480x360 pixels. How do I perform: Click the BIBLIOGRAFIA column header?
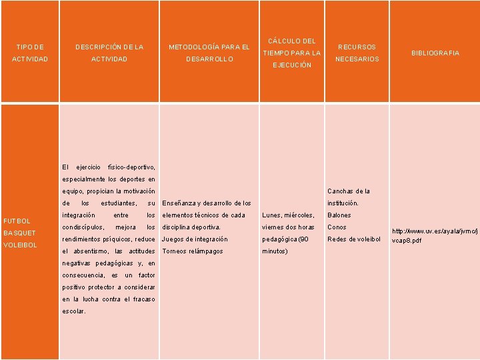point(435,53)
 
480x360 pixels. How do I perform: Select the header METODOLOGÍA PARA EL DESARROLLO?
point(209,53)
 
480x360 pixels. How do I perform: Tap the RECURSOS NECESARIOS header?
point(357,53)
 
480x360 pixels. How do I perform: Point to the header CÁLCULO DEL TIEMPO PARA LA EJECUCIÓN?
point(291,53)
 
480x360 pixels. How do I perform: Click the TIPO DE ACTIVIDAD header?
point(30,53)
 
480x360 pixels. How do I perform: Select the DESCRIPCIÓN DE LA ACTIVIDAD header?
point(109,53)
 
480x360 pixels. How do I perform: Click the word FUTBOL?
point(17,221)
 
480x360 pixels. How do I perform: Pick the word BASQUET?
point(20,233)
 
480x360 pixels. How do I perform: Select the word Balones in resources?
point(339,215)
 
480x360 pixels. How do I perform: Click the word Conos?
point(337,227)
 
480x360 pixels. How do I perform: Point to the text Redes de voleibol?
point(353,239)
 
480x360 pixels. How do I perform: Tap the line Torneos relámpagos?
point(193,251)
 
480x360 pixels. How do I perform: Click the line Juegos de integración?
point(195,239)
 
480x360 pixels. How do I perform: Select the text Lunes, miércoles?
point(288,215)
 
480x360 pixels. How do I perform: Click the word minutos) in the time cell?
point(275,251)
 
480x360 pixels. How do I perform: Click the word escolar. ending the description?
point(74,311)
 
